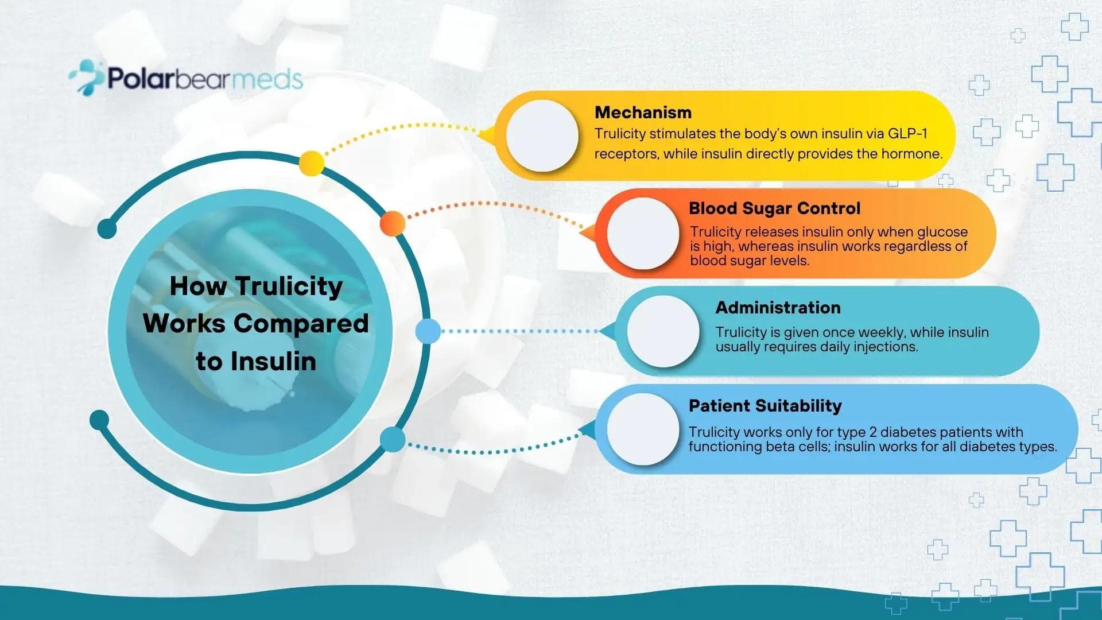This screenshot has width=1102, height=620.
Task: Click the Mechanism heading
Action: point(643,113)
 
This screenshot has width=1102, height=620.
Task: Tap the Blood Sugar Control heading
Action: point(774,208)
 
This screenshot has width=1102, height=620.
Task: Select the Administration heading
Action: point(778,308)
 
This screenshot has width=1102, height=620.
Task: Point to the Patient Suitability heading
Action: point(765,406)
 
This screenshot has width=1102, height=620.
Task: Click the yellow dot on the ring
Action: point(311,164)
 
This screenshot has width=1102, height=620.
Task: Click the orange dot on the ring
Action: point(393,223)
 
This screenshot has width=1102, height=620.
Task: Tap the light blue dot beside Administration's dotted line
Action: point(428,331)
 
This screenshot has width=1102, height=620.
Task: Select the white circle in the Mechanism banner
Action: point(542,135)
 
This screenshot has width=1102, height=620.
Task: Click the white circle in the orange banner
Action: point(643,234)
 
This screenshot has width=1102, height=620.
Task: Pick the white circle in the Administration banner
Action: point(663,331)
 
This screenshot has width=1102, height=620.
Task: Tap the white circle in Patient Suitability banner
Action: point(643,429)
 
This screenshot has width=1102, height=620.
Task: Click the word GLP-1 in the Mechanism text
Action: point(907,134)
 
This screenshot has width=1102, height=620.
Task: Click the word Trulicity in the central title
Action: point(289,286)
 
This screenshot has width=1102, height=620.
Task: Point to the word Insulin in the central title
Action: point(273,362)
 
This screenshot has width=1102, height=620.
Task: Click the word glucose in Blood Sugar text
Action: point(942,232)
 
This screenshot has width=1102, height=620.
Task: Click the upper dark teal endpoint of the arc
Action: point(107,228)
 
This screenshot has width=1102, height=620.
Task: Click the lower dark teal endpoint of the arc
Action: point(99,420)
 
